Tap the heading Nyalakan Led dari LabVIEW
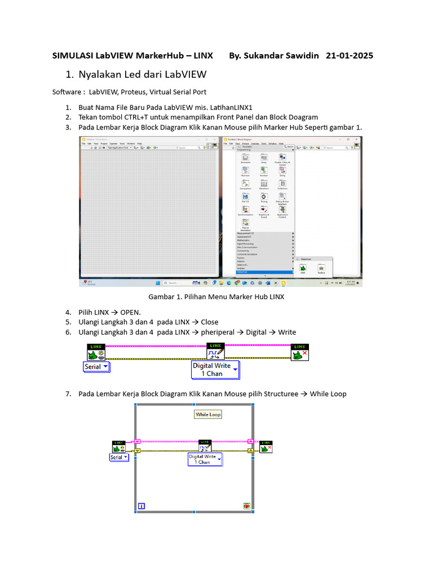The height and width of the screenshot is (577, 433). [142, 74]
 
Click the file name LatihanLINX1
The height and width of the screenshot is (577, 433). [232, 107]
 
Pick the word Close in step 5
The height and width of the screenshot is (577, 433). [209, 322]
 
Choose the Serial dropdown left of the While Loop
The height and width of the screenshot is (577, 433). [118, 458]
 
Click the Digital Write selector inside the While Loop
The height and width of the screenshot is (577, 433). [204, 459]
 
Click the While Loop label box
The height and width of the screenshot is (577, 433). [208, 414]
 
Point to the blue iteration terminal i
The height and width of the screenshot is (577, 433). [141, 506]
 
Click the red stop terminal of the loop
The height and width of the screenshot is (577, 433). [247, 506]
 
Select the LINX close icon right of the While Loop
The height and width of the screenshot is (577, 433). [265, 447]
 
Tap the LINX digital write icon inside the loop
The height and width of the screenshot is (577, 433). [205, 445]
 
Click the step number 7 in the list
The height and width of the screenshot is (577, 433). [68, 394]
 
